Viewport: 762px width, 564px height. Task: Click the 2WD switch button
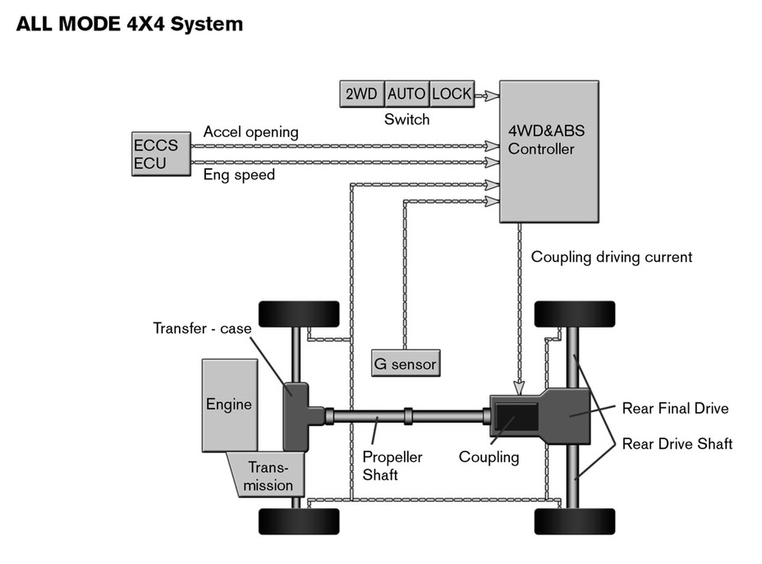(361, 94)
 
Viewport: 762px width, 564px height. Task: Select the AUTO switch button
(406, 94)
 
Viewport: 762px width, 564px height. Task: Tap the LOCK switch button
(452, 94)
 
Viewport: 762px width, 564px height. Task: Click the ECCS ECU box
(159, 154)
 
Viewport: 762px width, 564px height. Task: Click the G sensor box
(405, 362)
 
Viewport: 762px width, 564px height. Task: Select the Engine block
(229, 404)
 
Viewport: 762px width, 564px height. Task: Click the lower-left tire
(299, 520)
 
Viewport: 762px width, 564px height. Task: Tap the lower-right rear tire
(575, 520)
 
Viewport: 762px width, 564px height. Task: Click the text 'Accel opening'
(250, 132)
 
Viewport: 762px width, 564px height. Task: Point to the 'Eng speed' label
(239, 174)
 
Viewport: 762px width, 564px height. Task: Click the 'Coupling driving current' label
(611, 257)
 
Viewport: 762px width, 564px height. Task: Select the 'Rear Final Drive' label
(675, 408)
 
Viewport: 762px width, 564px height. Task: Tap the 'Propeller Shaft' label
(392, 465)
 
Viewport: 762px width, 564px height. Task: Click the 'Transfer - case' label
(202, 328)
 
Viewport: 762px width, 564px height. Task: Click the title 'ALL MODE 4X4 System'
(130, 24)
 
